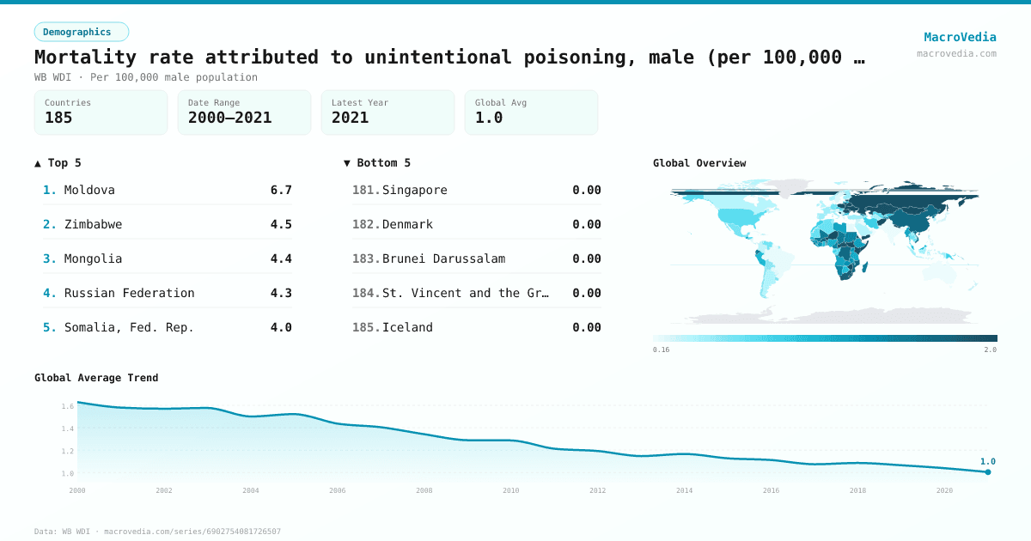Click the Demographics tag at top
(x=81, y=32)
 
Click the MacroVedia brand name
(x=960, y=37)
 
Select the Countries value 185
(x=58, y=119)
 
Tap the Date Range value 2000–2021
(x=229, y=119)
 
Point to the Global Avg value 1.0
(x=489, y=119)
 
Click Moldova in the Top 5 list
(x=89, y=190)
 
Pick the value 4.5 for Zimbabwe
(x=281, y=224)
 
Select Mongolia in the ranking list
(x=93, y=258)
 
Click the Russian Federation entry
(x=129, y=293)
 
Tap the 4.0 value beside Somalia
(x=281, y=327)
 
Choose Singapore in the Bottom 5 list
(x=414, y=190)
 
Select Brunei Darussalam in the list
(x=443, y=258)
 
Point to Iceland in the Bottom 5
(x=407, y=327)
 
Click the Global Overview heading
(x=699, y=163)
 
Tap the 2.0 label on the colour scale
(x=990, y=350)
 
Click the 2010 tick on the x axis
(x=511, y=490)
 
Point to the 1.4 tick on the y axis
(x=67, y=429)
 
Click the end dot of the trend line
(x=988, y=471)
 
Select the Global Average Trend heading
(x=96, y=378)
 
